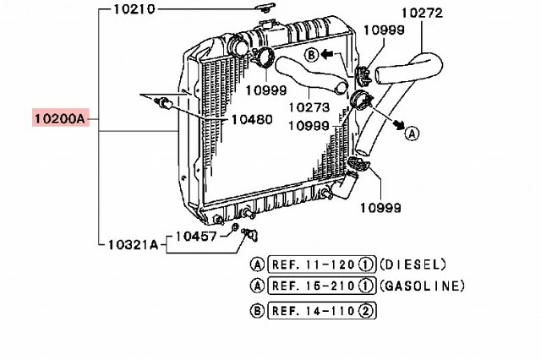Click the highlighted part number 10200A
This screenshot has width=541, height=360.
point(60,119)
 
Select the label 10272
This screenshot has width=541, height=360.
point(422,13)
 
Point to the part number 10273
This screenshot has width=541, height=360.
point(309,107)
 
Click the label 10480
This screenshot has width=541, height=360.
point(252,119)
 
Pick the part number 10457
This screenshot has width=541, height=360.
point(196,237)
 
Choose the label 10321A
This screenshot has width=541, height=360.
point(134,244)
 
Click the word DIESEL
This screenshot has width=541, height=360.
point(413,265)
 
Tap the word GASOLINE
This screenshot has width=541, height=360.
point(423,286)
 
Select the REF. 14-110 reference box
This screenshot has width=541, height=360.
point(322,311)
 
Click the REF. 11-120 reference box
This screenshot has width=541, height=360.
point(322,265)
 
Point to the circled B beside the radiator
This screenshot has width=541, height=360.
point(312,55)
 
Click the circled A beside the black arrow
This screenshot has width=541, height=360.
point(412,134)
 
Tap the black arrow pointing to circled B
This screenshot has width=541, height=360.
point(327,54)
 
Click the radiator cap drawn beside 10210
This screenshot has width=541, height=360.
point(265,8)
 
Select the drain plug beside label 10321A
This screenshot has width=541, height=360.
point(250,234)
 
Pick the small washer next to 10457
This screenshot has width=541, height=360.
point(235,227)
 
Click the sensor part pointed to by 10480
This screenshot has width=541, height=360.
point(163,103)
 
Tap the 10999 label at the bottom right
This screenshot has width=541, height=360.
point(380,208)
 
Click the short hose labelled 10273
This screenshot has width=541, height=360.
point(310,74)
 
